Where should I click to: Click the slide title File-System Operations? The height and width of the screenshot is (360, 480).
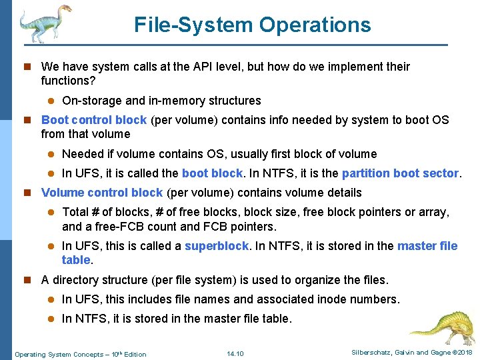point(252,25)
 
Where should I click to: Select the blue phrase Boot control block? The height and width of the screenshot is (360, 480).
point(94,120)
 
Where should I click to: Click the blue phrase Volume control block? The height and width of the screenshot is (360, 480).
point(102,193)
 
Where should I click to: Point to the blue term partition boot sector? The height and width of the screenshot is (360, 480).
point(400,173)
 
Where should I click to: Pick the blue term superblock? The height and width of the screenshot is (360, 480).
point(217,246)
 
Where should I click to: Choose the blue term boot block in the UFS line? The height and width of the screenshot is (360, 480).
point(212,173)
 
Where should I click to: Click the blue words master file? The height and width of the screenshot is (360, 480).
point(427,246)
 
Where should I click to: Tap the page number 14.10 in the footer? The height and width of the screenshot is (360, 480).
point(235,353)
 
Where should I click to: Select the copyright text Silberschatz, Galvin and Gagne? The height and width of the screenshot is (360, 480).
point(397,353)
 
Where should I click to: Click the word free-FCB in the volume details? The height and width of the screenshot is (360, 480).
point(110,226)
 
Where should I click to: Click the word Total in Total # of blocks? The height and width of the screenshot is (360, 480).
point(76,212)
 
